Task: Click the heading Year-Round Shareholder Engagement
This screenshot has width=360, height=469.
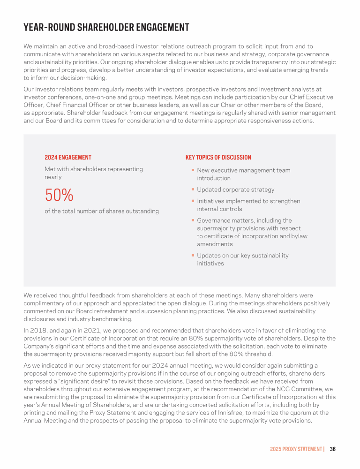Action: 106,28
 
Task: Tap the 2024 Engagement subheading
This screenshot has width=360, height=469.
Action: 68,158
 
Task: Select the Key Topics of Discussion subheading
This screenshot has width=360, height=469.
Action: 218,158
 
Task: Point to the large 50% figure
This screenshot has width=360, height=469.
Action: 59,195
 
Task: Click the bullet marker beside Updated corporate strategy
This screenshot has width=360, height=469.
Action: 193,189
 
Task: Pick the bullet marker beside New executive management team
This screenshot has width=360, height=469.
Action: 193,170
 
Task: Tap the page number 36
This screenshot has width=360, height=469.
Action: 332,449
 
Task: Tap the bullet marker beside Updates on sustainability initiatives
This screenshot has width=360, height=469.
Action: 193,256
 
